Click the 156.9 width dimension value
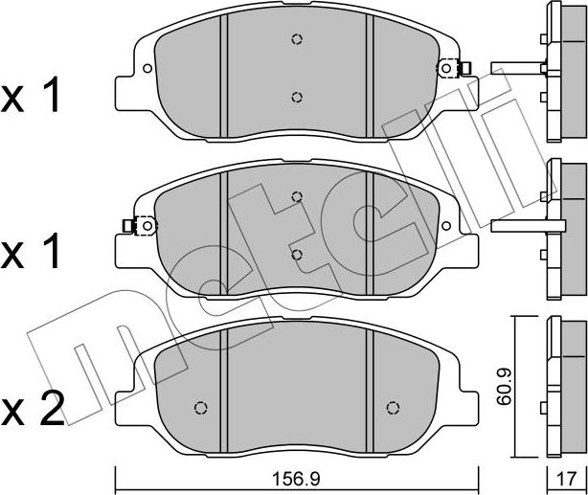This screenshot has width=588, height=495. (x=296, y=479)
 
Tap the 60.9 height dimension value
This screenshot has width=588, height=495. (x=505, y=387)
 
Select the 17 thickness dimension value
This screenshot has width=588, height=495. (x=567, y=479)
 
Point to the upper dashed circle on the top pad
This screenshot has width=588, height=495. (x=297, y=39)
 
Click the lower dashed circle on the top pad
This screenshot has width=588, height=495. (x=297, y=97)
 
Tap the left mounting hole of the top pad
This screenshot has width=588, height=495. (x=147, y=68)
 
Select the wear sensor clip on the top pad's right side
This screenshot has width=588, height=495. (x=454, y=68)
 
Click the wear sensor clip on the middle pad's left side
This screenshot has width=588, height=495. (x=140, y=226)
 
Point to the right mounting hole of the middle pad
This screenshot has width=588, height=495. (x=446, y=226)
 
